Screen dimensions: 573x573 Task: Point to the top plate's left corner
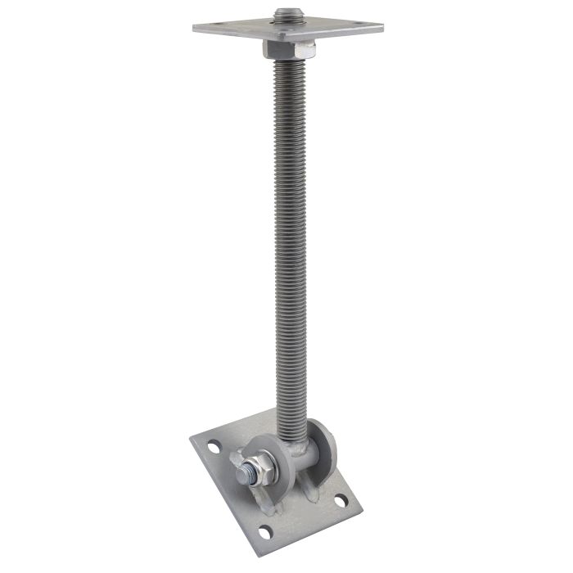[196, 29]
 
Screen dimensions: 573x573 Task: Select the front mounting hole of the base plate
[264, 527]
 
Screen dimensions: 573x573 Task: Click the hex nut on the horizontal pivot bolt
[255, 470]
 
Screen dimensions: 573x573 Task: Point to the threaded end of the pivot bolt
[241, 476]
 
